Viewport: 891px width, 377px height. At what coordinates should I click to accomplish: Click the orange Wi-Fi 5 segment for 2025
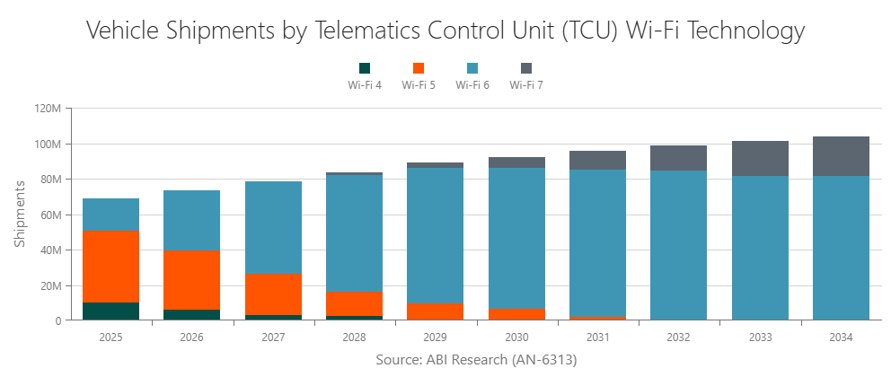click(x=110, y=267)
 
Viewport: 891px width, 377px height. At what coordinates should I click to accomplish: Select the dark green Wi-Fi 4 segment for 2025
click(x=110, y=311)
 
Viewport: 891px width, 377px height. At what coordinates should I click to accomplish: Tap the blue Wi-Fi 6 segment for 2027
click(x=273, y=228)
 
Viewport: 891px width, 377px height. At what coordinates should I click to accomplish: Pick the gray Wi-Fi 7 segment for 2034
click(x=841, y=156)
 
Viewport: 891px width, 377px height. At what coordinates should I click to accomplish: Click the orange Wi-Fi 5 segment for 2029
click(x=436, y=311)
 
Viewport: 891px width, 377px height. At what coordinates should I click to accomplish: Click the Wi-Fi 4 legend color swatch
click(x=365, y=68)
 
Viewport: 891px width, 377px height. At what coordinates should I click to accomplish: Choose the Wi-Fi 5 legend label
click(x=419, y=85)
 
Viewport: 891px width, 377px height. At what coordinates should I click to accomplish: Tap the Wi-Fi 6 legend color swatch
click(x=472, y=68)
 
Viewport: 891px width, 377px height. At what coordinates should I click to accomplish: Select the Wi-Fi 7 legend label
click(x=526, y=85)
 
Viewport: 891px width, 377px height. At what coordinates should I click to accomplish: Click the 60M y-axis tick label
click(x=49, y=215)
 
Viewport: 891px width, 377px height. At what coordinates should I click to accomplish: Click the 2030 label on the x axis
click(x=517, y=337)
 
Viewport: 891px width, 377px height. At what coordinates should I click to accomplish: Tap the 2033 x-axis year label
click(x=761, y=337)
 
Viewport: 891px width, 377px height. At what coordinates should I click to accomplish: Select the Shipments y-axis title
click(x=20, y=214)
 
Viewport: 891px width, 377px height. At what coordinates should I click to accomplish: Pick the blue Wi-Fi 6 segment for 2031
click(x=598, y=242)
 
